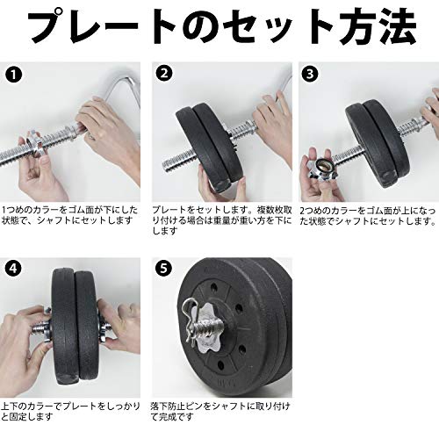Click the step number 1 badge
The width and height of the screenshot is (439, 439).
(x=13, y=76)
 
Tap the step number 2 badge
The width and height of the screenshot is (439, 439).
(x=164, y=73)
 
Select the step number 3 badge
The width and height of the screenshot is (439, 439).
(x=310, y=74)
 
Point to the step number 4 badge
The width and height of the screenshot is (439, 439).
(x=13, y=269)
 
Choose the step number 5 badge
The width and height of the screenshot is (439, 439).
(x=164, y=269)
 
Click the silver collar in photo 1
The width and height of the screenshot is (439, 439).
(x=37, y=144)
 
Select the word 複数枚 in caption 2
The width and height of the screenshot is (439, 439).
(x=270, y=210)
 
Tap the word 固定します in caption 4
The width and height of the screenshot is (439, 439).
(x=31, y=416)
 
